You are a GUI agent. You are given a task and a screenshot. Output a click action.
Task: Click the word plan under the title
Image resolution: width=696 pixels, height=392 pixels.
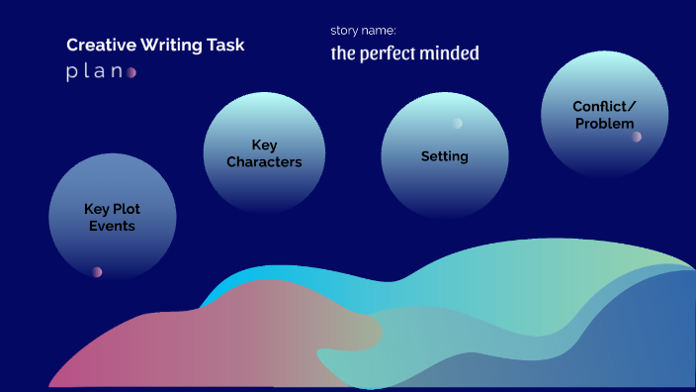[x=94, y=72]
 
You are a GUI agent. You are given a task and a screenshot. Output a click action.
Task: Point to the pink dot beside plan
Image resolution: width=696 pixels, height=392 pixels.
[x=131, y=72]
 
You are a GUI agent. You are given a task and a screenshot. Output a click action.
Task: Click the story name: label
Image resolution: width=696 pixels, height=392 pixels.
[x=363, y=31]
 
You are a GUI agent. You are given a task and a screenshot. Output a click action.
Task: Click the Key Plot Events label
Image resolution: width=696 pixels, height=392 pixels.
[x=112, y=218]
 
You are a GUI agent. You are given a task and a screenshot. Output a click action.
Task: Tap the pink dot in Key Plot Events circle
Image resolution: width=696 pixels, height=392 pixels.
[x=97, y=272]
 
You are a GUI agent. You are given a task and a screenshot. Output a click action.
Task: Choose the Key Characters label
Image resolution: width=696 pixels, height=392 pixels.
[x=264, y=153]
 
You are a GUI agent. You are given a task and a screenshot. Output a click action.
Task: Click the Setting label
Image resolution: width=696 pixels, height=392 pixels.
[x=445, y=156]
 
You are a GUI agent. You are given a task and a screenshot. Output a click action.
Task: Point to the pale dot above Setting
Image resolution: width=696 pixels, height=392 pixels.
[x=457, y=124]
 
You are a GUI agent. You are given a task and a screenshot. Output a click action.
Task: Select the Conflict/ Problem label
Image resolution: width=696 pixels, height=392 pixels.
[x=604, y=115]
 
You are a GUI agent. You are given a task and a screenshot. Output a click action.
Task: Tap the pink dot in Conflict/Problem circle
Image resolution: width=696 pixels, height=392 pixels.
[x=637, y=137]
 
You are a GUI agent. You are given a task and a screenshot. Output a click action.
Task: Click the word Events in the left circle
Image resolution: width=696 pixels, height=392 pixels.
[x=112, y=227]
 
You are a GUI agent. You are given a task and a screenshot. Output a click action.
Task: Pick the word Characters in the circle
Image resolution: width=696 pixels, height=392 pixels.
[x=264, y=162]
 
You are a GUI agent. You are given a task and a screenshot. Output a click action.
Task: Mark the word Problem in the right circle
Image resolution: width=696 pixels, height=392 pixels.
[x=604, y=124]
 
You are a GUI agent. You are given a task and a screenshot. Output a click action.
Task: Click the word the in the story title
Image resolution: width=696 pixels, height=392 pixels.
[x=342, y=53]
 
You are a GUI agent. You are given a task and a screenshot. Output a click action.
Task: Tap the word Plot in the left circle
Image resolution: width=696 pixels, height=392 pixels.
[x=127, y=209]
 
